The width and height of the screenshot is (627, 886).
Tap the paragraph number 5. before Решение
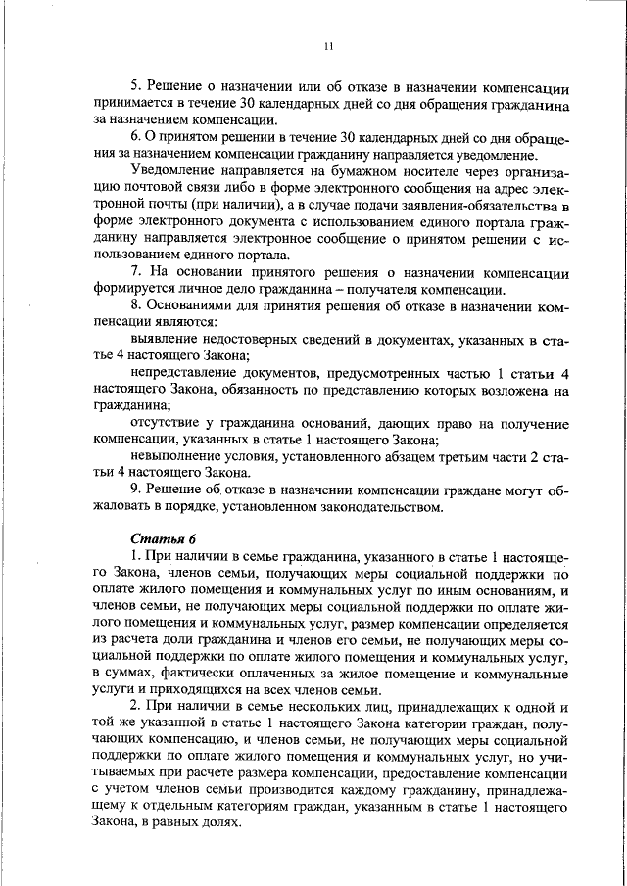coord(135,85)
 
